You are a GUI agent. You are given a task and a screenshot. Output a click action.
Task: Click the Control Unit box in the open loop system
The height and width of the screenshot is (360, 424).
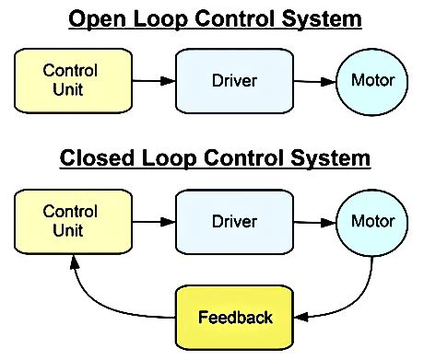click(x=70, y=80)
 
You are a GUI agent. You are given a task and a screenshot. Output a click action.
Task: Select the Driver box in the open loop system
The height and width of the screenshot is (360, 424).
click(x=234, y=80)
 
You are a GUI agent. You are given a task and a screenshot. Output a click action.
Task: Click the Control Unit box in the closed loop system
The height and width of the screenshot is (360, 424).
click(x=70, y=222)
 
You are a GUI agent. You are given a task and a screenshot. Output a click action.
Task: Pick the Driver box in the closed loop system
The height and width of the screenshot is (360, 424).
click(x=234, y=222)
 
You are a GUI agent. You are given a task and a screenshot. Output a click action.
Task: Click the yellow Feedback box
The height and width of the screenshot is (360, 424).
click(x=235, y=318)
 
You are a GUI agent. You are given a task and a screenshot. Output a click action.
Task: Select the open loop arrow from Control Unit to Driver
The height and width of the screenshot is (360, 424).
click(x=153, y=81)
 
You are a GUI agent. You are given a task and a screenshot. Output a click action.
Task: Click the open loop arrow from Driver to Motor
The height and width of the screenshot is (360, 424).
click(x=313, y=81)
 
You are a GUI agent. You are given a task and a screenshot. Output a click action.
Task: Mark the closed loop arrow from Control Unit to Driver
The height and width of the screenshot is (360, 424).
click(x=153, y=222)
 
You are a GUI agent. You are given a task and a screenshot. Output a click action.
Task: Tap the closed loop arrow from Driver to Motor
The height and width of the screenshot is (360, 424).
click(x=313, y=222)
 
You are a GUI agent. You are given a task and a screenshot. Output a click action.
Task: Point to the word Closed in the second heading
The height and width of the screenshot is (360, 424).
click(x=95, y=158)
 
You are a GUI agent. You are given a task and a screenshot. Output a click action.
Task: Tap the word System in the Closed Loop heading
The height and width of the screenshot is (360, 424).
click(x=332, y=158)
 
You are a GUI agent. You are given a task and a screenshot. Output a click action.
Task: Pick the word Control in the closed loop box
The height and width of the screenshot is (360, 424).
click(x=70, y=212)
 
